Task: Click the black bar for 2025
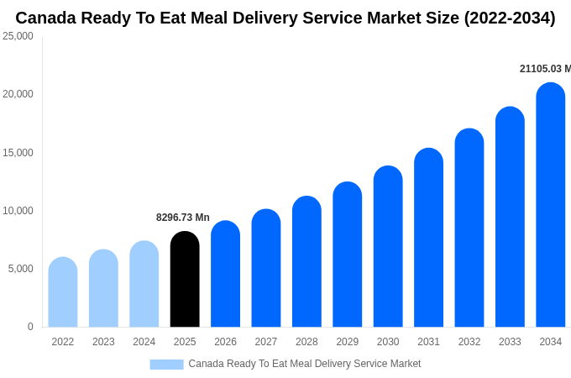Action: (x=185, y=280)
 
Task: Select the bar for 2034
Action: (x=551, y=206)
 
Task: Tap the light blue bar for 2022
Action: (x=63, y=292)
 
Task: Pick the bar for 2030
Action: (x=388, y=247)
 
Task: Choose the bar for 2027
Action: (x=266, y=269)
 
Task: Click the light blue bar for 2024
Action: (x=144, y=285)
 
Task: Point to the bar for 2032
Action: (x=469, y=228)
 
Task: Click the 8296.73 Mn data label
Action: (x=183, y=218)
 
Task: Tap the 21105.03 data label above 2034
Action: (x=544, y=69)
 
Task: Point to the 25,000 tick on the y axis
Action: (x=18, y=36)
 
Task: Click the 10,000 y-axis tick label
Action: (x=18, y=211)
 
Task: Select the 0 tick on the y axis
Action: (x=30, y=327)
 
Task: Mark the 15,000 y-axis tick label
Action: (x=18, y=153)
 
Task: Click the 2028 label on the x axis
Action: (x=306, y=342)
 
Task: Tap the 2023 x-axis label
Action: (x=103, y=342)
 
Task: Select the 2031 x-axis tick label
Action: (x=428, y=342)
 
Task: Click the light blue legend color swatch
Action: (x=166, y=364)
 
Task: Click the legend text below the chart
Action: (x=304, y=364)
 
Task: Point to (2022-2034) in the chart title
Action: (x=509, y=18)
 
